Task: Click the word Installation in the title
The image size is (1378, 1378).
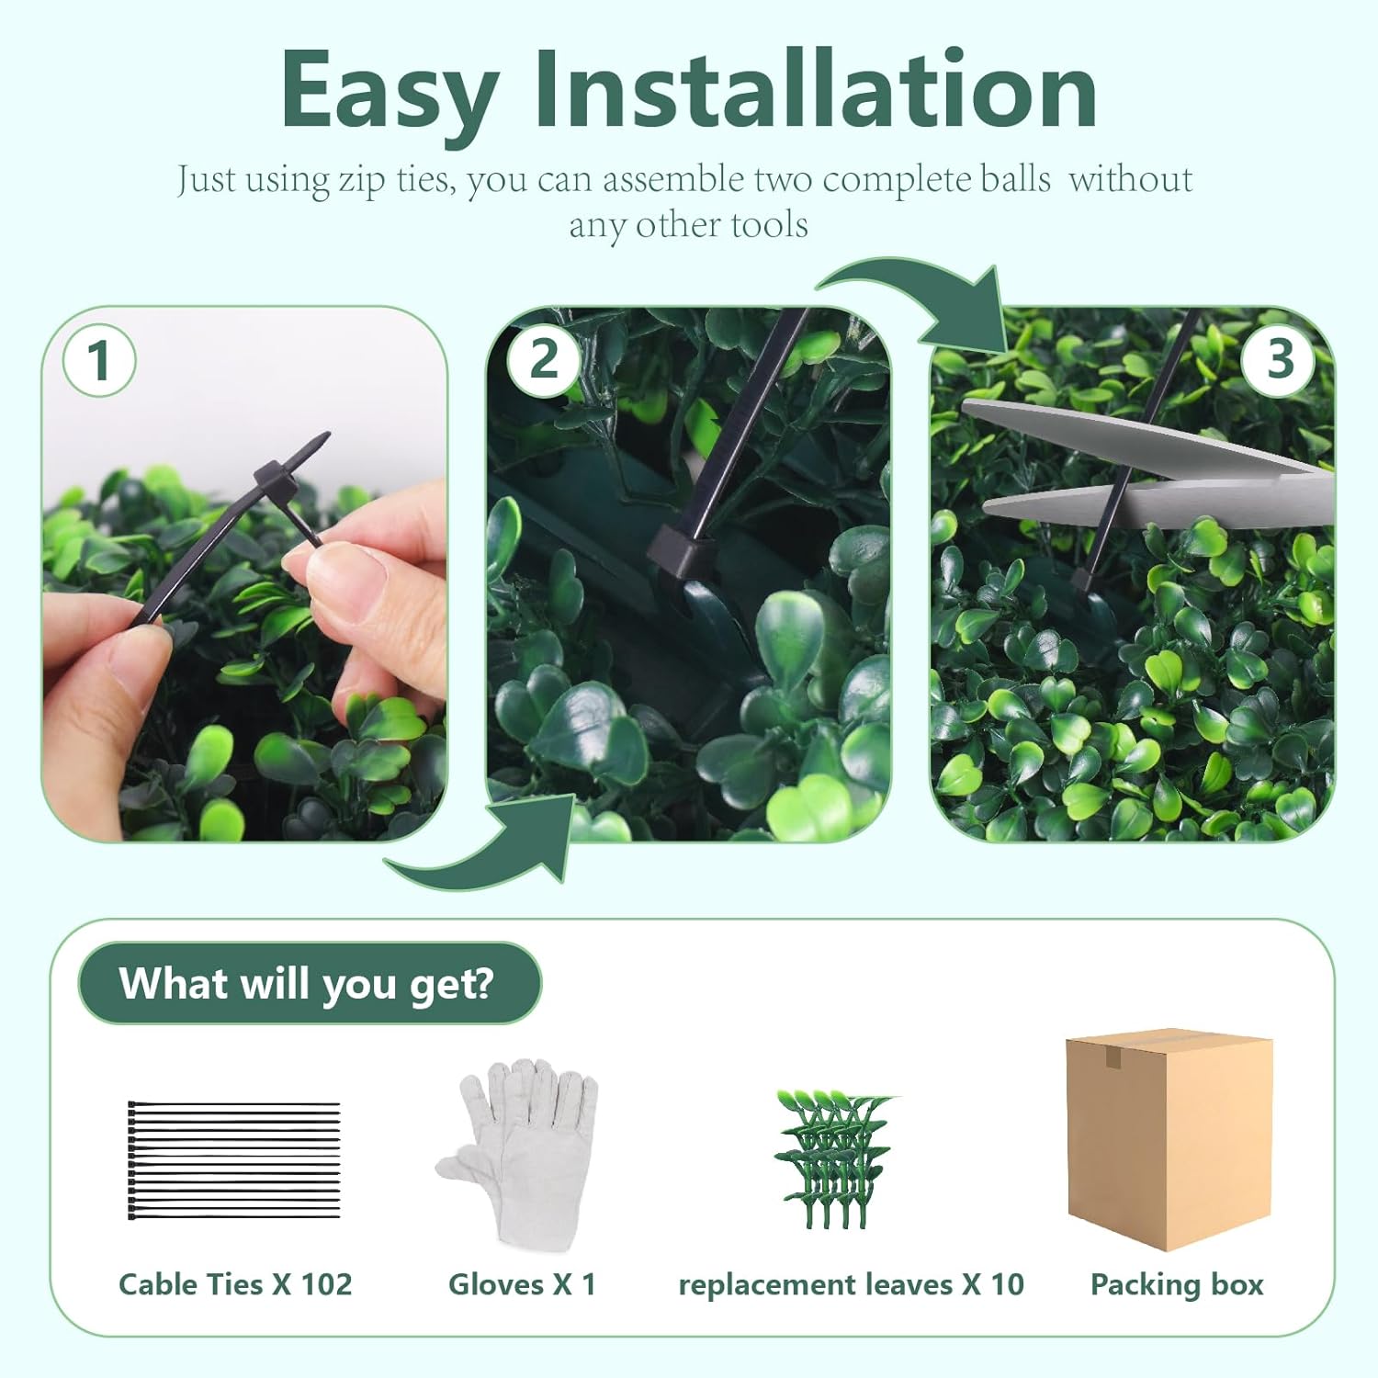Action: point(817,88)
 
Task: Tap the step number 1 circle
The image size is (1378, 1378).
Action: point(99,360)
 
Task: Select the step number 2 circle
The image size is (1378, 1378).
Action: point(544,359)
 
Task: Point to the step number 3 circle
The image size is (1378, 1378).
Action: point(1280,359)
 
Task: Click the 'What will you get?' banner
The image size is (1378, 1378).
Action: point(310,983)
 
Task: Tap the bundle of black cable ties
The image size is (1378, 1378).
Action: point(234,1159)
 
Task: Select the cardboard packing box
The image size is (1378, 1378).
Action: point(1169,1139)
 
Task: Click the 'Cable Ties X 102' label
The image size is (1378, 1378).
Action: point(235,1284)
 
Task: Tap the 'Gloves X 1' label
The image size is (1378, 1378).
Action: point(522,1284)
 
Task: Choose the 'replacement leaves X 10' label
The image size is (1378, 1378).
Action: point(851,1284)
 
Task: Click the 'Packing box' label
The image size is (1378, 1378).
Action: point(1177,1285)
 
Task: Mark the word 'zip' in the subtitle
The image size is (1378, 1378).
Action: point(362,181)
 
